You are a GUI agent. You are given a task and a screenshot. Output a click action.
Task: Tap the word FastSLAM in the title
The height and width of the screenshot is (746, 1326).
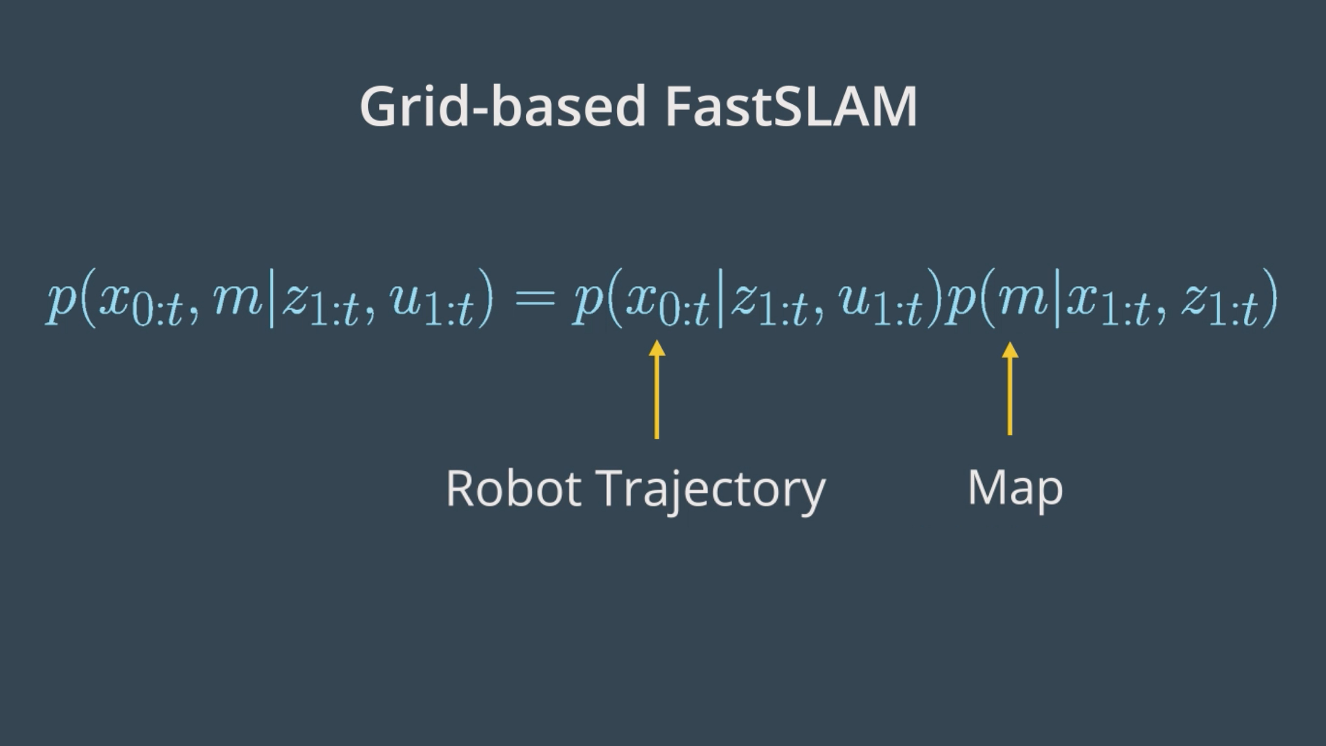point(791,106)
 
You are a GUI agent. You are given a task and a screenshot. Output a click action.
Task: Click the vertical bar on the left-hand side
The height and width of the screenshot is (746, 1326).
point(271,299)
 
